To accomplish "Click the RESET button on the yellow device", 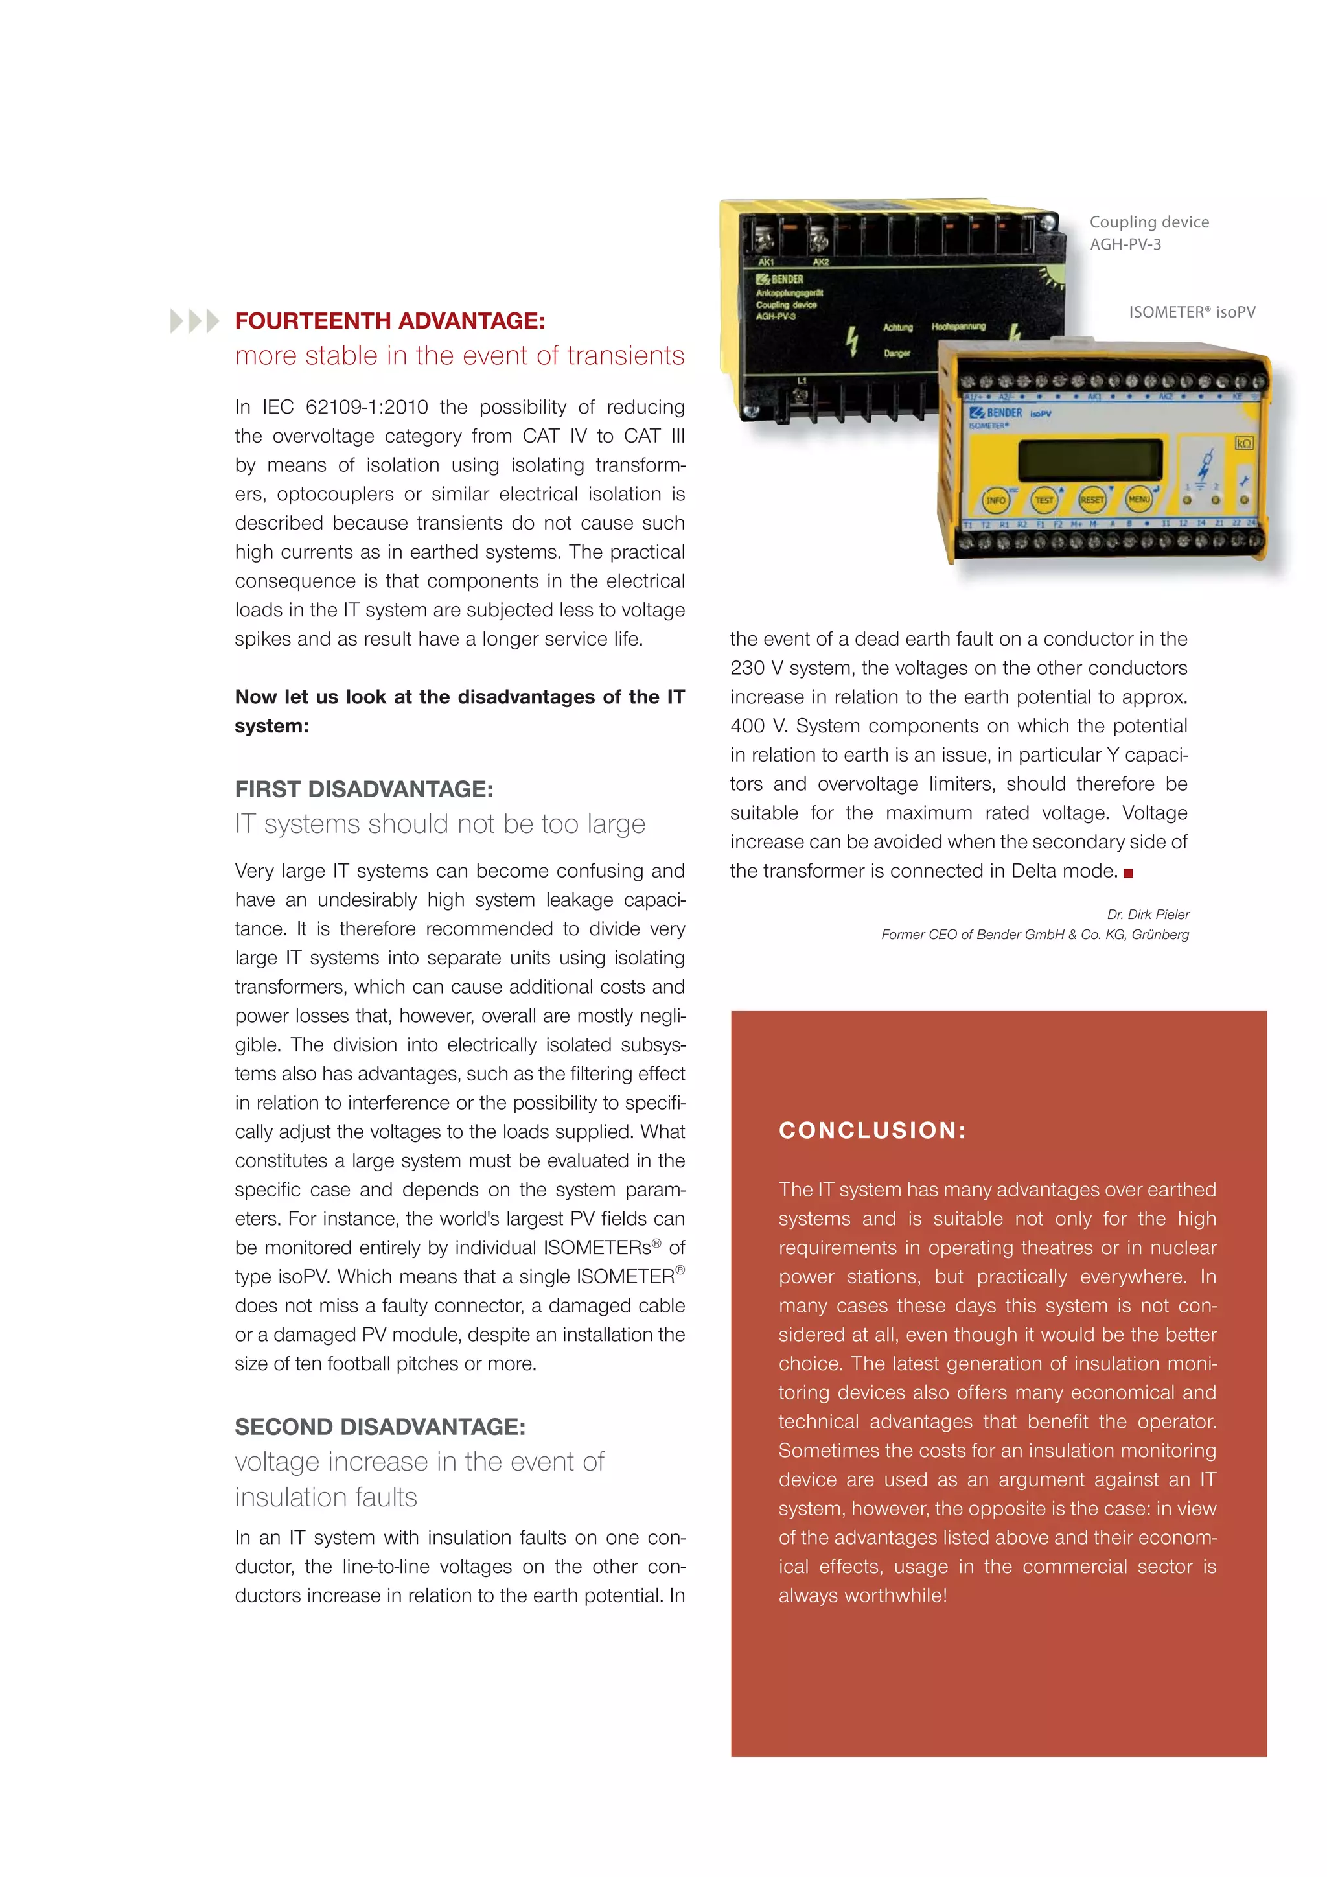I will coord(1092,500).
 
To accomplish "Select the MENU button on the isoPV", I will coord(1138,498).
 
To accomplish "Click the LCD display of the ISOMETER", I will coord(1090,460).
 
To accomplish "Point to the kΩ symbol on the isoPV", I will coord(1243,443).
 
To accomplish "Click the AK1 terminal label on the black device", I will coord(766,262).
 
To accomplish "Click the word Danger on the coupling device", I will coord(896,353).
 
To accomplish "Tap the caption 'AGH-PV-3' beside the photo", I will coord(1125,244).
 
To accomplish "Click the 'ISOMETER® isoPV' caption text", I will coord(1192,312).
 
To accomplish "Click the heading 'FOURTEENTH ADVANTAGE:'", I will coord(390,320).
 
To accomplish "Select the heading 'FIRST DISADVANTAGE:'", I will coord(363,789).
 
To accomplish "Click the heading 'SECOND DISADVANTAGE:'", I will coord(380,1427).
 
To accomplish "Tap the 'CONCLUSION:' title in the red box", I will coord(873,1130).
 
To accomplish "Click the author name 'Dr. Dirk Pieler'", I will coord(1148,914).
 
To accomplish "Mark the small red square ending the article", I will coord(1129,873).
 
